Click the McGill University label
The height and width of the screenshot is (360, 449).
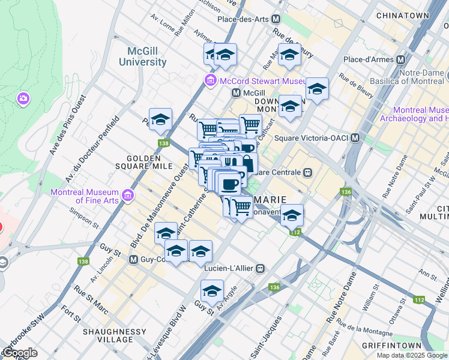coord(142,56)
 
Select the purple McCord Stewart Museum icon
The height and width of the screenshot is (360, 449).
coord(210,81)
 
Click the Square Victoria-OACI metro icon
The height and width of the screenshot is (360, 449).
coord(355,138)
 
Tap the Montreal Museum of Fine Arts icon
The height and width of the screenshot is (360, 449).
coord(127,196)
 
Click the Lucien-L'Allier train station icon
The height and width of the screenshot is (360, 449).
coord(260,268)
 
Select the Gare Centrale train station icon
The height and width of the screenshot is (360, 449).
coord(307,172)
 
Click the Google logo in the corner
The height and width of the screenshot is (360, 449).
coord(19,353)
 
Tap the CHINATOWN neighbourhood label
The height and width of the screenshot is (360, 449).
coord(403,16)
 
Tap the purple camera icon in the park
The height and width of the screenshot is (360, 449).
coord(23,98)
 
